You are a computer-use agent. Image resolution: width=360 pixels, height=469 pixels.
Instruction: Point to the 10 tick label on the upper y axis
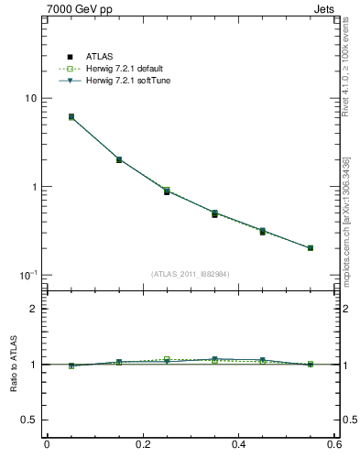[x=29, y=99]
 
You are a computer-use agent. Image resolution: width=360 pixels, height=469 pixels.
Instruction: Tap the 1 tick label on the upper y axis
[x=33, y=187]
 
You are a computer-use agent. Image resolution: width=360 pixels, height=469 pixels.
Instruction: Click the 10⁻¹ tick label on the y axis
[x=27, y=275]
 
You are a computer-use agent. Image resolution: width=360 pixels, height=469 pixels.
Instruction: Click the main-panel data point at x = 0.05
[x=71, y=117]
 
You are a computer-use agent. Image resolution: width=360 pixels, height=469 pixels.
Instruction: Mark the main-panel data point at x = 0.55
[x=311, y=247]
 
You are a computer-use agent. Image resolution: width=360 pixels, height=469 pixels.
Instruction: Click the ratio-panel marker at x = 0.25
[x=167, y=360]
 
